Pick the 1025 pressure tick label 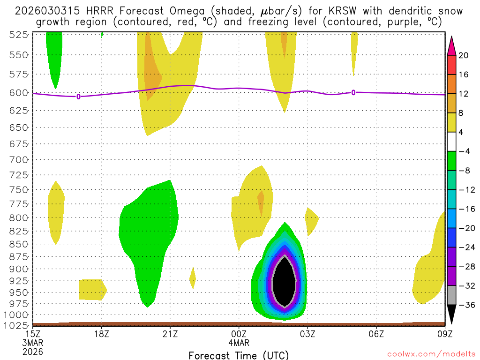point(16,325)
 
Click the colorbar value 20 point(464,55)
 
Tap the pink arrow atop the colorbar point(451,45)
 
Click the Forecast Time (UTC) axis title point(239,355)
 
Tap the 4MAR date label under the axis point(239,343)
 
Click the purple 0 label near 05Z point(353,92)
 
